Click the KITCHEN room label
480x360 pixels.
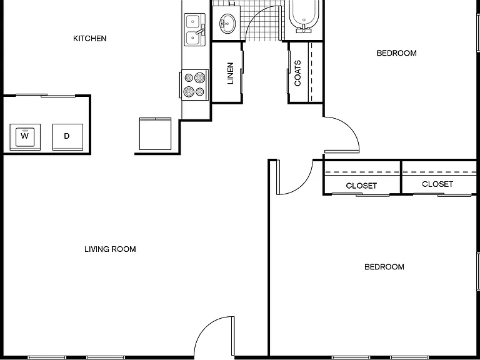point(90,39)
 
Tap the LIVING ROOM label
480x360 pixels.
point(110,249)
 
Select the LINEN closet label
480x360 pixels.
point(231,73)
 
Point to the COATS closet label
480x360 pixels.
point(297,73)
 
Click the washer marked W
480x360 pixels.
point(25,137)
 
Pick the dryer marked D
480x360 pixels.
point(67,137)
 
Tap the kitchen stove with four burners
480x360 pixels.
point(195,85)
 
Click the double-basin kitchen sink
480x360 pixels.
point(195,30)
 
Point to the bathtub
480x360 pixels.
point(304,16)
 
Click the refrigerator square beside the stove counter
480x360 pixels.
point(155,134)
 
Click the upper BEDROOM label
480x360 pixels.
point(396,53)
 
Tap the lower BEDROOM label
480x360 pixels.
point(384,267)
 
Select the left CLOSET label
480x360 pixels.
point(361,186)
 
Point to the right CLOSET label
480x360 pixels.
point(437,184)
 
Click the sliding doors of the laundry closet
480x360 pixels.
point(46,96)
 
